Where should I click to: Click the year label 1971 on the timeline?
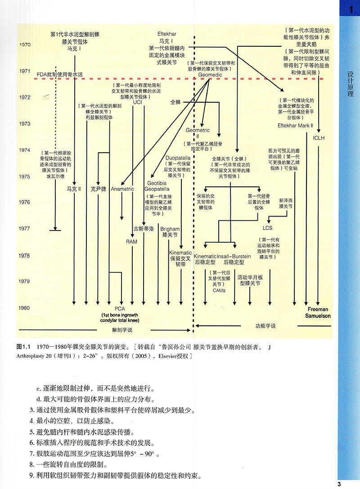pos(25,71)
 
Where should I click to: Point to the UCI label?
pos(137,102)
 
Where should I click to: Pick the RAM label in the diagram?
pos(131,242)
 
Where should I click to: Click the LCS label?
pos(267,228)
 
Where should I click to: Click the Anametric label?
pos(122,189)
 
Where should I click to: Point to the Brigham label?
pos(170,229)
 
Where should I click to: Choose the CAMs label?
pos(219,290)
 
